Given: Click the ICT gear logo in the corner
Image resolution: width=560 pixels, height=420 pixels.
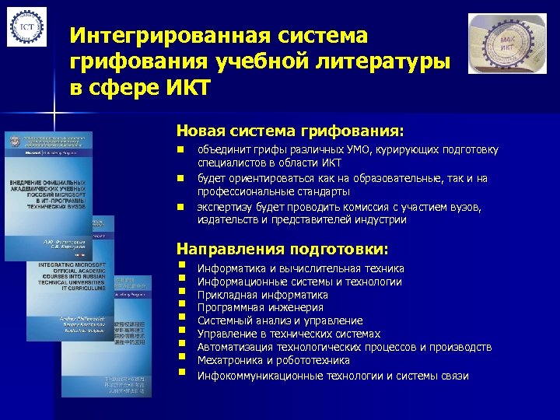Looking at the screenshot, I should click(26, 28).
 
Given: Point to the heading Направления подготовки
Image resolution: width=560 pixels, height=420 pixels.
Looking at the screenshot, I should click(282, 249).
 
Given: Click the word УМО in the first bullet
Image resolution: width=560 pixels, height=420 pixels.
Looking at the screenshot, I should click(362, 149).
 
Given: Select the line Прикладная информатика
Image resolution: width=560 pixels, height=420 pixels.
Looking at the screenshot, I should click(262, 295).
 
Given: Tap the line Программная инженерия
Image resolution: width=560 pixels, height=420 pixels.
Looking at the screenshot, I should click(261, 308).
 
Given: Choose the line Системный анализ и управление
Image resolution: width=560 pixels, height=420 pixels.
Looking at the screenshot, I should click(280, 320).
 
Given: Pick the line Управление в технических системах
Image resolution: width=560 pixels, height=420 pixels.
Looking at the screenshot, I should click(288, 334).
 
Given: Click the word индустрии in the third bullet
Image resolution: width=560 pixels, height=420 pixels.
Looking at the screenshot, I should click(380, 220).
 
